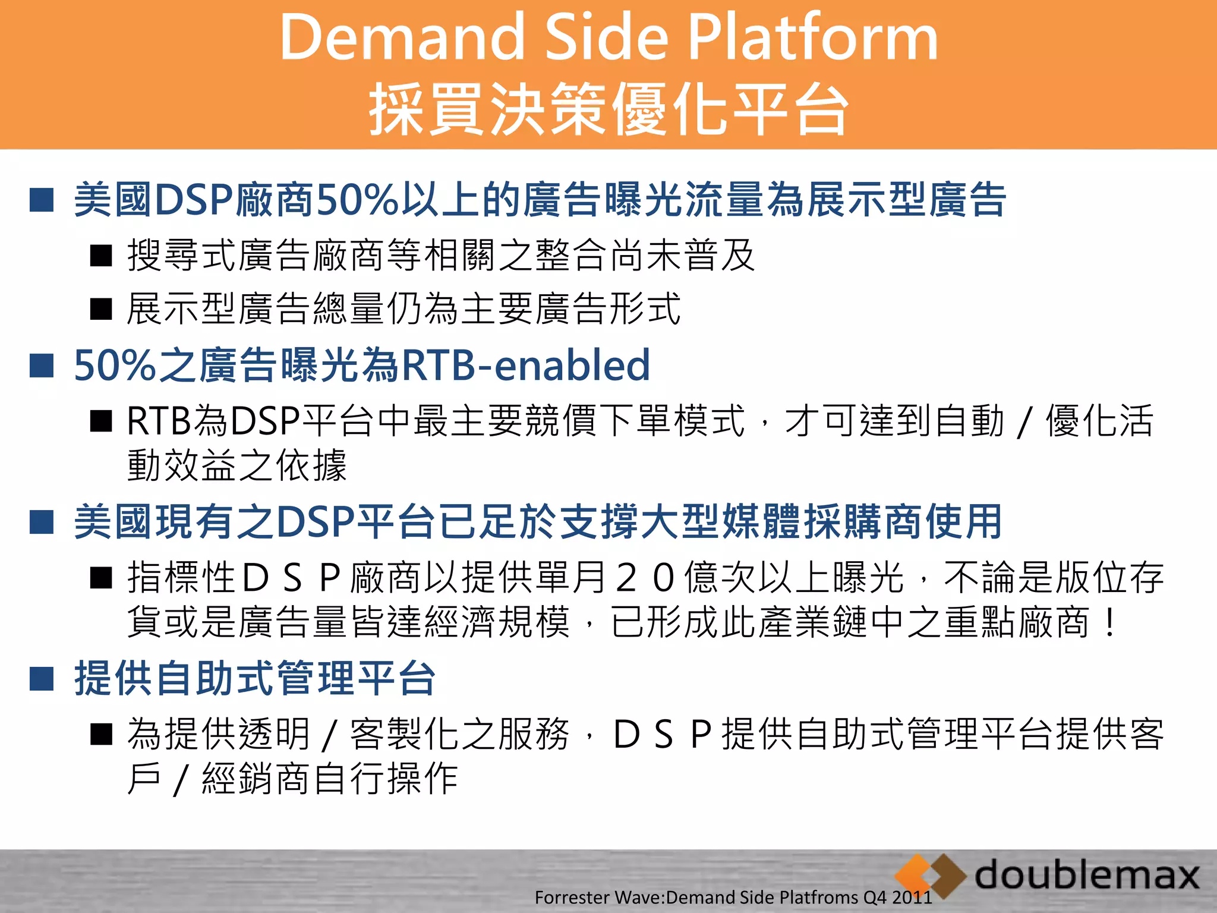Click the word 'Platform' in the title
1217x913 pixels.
point(812,38)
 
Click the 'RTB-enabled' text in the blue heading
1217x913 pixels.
point(526,365)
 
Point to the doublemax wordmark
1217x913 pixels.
point(1087,875)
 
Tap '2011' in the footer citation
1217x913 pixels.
point(912,898)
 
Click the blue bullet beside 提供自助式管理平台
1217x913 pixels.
point(42,678)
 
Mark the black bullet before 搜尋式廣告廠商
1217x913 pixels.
point(101,256)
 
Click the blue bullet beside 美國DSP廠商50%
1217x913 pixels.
point(42,200)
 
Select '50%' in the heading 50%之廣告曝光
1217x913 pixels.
point(115,365)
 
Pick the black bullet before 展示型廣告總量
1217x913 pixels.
point(101,309)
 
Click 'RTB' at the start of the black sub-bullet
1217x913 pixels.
point(158,421)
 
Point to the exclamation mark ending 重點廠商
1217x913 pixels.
point(1109,623)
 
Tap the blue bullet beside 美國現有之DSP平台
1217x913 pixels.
point(42,522)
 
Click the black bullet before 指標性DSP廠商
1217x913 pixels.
point(101,577)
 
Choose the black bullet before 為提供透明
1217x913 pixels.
point(101,734)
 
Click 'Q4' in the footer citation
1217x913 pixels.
point(874,898)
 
